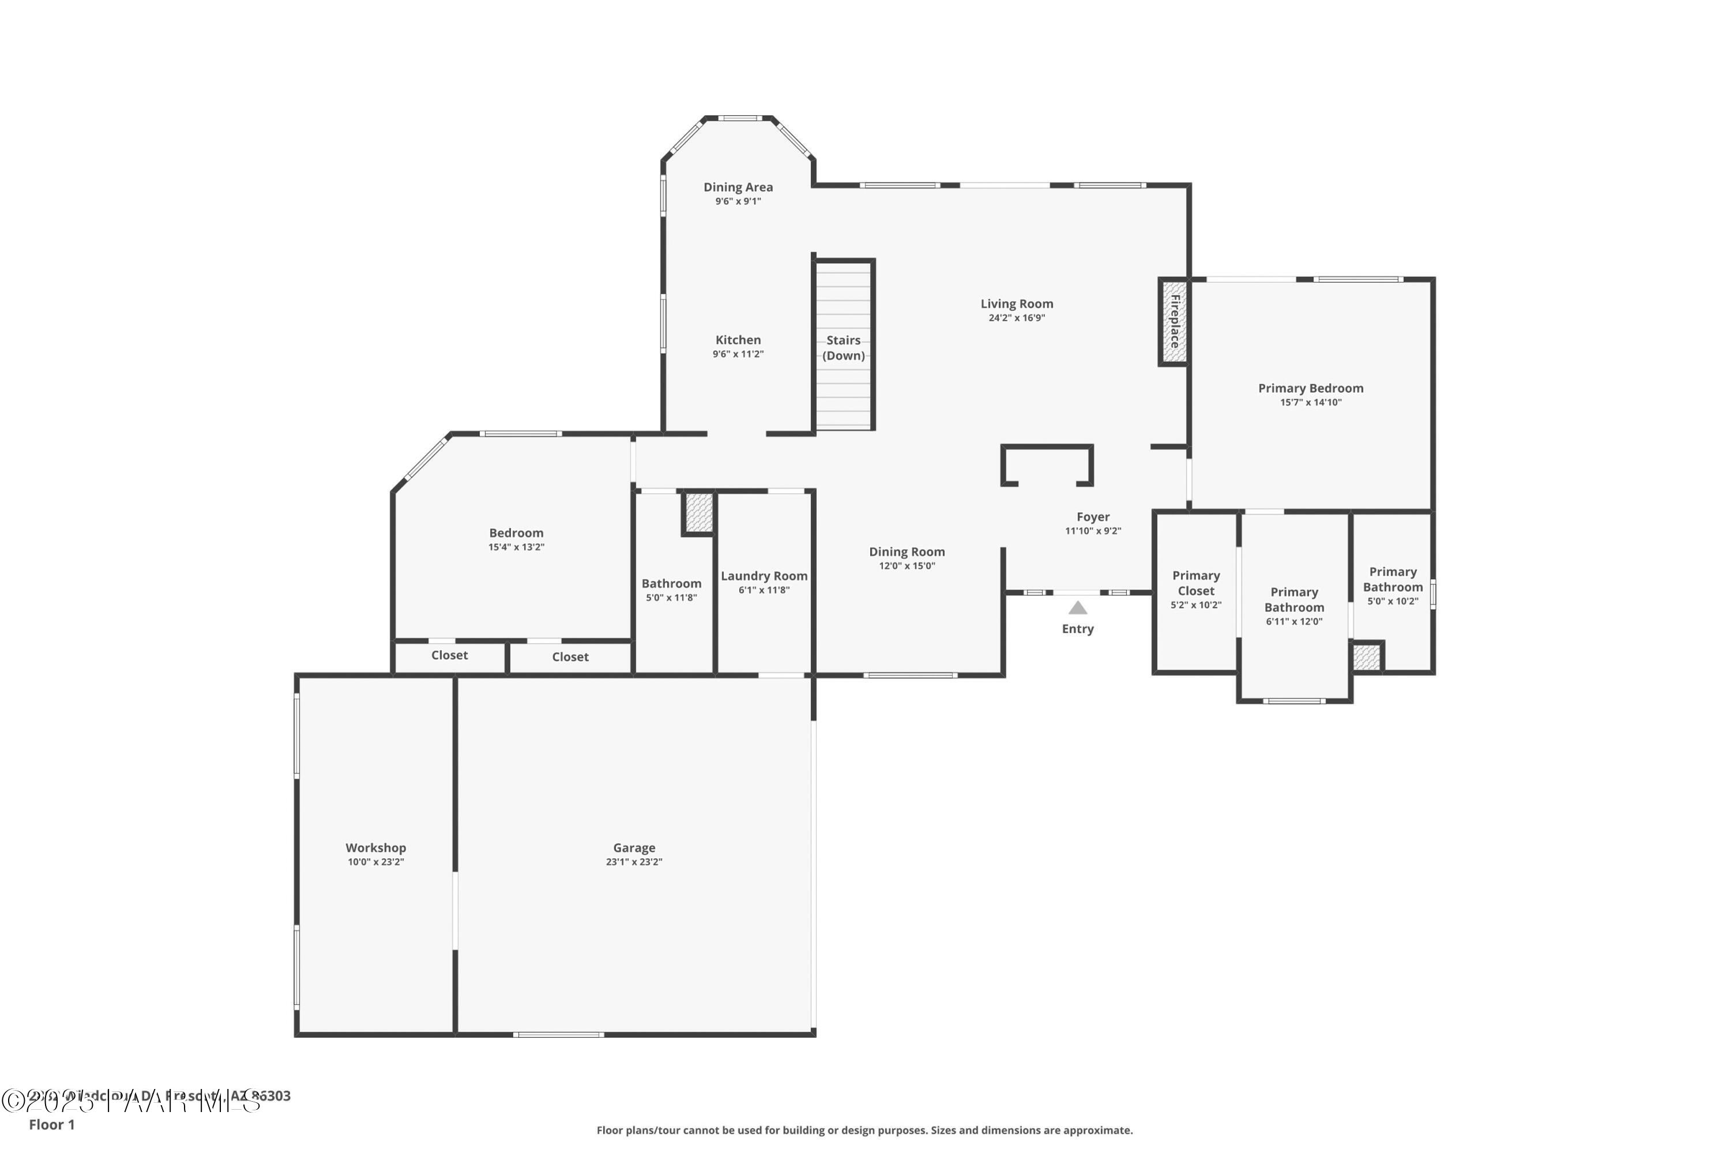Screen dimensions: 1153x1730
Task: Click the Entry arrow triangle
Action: coord(1077,607)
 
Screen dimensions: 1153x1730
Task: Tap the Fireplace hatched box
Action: coord(1174,321)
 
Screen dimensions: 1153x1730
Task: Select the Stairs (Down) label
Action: coord(843,348)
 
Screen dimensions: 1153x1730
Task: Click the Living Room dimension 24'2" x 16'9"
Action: coord(1016,318)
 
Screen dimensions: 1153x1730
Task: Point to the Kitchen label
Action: coord(738,340)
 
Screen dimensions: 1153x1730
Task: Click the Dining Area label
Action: coord(738,187)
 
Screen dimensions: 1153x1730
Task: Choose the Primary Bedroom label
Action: coord(1310,388)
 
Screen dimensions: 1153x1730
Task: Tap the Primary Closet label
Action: coord(1195,583)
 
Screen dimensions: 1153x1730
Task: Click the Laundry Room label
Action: coord(764,576)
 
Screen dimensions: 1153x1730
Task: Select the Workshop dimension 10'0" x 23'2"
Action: coord(376,862)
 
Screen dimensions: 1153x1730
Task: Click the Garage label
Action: coord(634,848)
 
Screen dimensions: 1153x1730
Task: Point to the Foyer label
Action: coord(1093,517)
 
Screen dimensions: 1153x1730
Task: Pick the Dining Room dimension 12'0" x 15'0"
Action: coord(907,565)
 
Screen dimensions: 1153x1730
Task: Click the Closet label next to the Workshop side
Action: coord(449,655)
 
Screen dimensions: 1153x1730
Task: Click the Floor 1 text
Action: coord(51,1124)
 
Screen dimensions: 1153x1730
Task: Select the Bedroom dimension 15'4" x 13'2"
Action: coord(516,547)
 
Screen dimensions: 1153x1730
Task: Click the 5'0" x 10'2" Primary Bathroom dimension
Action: coord(1393,601)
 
